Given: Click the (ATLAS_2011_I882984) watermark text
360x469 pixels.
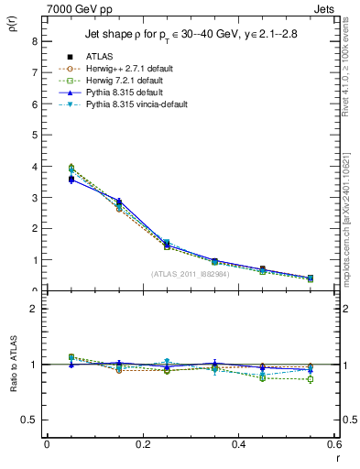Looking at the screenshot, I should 190,274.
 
